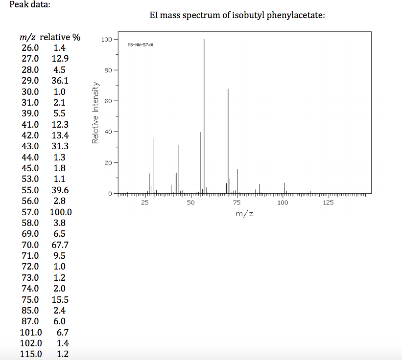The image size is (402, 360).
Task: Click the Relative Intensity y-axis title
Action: (x=96, y=112)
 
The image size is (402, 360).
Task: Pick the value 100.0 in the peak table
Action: (x=60, y=212)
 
